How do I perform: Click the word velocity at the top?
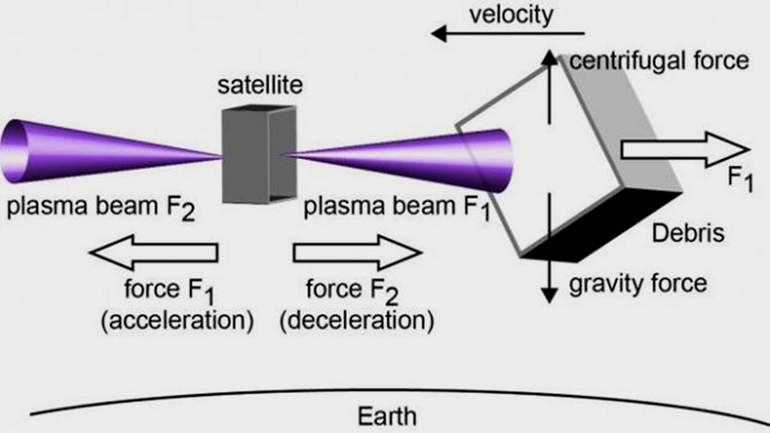pyautogui.click(x=511, y=15)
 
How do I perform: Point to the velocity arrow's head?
pyautogui.click(x=439, y=33)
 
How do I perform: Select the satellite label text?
pyautogui.click(x=260, y=85)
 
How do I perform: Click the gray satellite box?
pyautogui.click(x=259, y=155)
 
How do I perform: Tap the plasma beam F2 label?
pyautogui.click(x=101, y=208)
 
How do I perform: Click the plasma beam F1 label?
pyautogui.click(x=396, y=208)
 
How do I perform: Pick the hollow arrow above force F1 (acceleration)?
pyautogui.click(x=153, y=252)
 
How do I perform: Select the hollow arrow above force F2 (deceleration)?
pyautogui.click(x=357, y=252)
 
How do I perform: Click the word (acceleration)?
pyautogui.click(x=177, y=321)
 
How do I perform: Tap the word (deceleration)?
pyautogui.click(x=357, y=321)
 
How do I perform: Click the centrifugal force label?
pyautogui.click(x=660, y=61)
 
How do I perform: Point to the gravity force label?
pyautogui.click(x=638, y=284)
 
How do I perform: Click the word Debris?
pyautogui.click(x=688, y=234)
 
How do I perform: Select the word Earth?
pyautogui.click(x=387, y=416)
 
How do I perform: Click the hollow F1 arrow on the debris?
pyautogui.click(x=685, y=150)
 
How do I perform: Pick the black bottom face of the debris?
pyautogui.click(x=601, y=225)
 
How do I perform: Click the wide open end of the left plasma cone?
pyautogui.click(x=14, y=151)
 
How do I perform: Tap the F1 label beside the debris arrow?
pyautogui.click(x=740, y=181)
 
